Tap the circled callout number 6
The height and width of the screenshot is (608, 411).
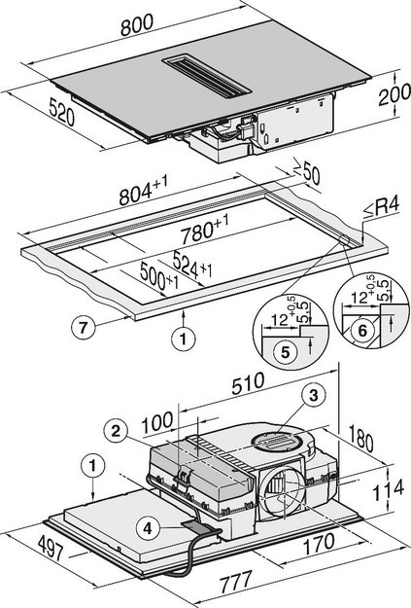(360, 330)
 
